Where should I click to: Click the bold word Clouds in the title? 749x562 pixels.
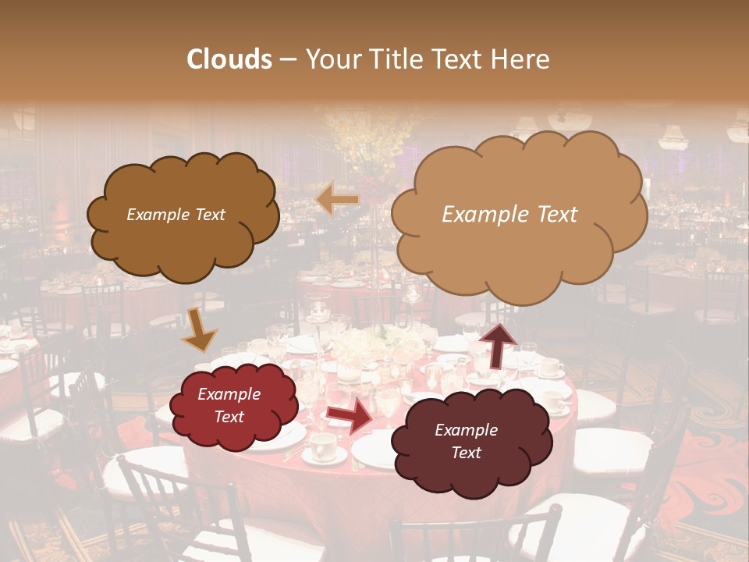(x=229, y=59)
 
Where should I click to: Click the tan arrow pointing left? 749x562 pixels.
(x=337, y=200)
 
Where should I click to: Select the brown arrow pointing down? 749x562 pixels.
(x=199, y=331)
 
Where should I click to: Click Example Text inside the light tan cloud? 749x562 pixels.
(x=509, y=215)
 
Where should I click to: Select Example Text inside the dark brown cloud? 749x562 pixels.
(x=176, y=215)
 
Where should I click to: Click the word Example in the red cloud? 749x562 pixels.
(x=229, y=394)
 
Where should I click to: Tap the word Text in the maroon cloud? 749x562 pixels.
(x=466, y=453)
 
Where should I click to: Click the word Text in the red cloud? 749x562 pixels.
(x=229, y=417)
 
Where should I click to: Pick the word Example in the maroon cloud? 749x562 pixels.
(x=466, y=430)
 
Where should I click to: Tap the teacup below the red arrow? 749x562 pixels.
(x=321, y=446)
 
